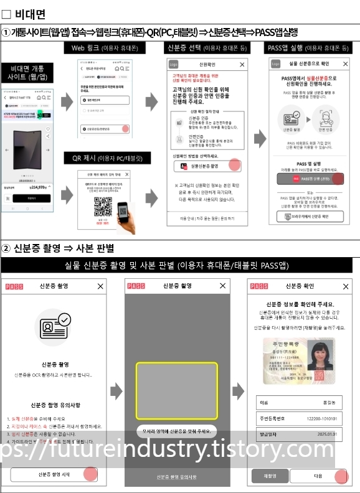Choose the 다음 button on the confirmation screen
[x=318, y=476]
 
